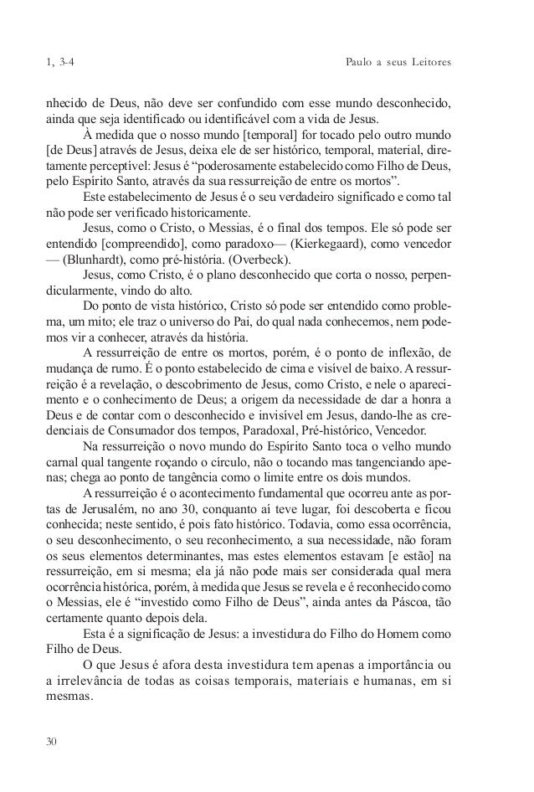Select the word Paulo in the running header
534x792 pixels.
pyautogui.click(x=361, y=63)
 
